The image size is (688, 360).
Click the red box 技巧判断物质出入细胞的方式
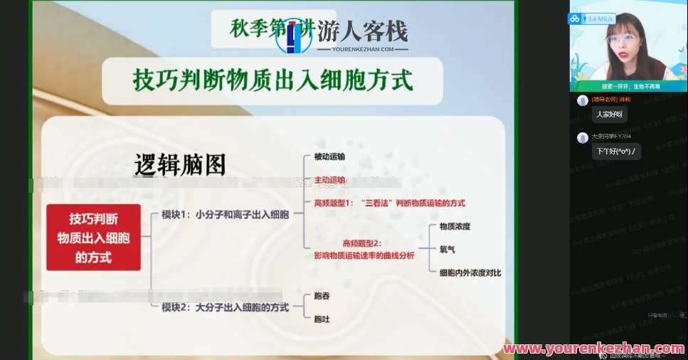pos(93,237)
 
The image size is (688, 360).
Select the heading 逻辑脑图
pos(180,165)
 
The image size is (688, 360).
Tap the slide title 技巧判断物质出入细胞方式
pos(272,80)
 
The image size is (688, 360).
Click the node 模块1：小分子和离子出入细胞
pos(225,213)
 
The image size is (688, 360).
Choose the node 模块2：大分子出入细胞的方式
pos(225,307)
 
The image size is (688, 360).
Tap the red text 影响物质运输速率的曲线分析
pos(364,255)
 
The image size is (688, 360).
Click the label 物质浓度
pos(455,226)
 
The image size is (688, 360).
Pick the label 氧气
pos(447,249)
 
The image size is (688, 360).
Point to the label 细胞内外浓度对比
pos(470,272)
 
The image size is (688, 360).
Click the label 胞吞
pos(322,295)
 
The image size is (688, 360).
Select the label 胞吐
pos(322,319)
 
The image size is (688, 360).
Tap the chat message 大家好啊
pos(609,114)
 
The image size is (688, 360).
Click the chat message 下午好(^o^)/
pos(616,152)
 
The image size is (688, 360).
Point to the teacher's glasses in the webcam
pos(623,38)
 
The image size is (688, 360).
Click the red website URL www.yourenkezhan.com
pos(593,349)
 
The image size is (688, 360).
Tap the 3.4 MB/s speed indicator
pos(596,18)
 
